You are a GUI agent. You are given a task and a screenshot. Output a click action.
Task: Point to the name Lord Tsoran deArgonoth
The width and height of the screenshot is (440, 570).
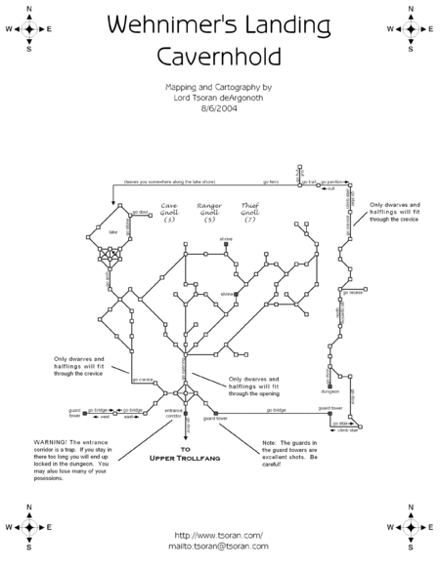(219, 99)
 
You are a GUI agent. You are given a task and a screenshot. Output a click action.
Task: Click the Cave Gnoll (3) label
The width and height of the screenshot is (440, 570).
(168, 213)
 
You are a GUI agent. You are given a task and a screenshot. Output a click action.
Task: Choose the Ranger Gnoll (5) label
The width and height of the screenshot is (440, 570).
(209, 213)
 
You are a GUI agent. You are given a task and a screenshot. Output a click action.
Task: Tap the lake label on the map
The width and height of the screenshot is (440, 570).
(112, 232)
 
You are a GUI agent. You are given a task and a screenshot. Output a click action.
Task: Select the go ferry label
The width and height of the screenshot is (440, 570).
(274, 183)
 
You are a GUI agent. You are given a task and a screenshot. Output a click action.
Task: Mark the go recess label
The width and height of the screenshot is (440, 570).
(353, 291)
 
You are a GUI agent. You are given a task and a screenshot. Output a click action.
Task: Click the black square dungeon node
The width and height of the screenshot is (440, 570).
(322, 387)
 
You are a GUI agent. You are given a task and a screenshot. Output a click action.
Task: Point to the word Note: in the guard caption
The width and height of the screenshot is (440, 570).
(270, 441)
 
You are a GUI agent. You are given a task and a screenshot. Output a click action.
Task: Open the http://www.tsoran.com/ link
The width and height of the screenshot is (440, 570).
(219, 534)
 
